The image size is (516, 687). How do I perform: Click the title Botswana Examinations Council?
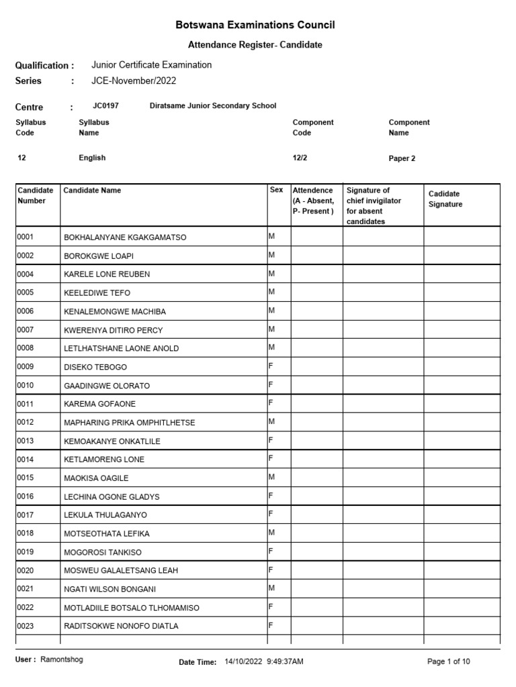(x=255, y=25)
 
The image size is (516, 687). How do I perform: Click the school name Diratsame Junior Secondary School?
(x=212, y=106)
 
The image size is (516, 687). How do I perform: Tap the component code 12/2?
(x=301, y=158)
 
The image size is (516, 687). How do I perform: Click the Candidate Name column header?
(x=92, y=191)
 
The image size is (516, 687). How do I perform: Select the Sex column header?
(x=276, y=191)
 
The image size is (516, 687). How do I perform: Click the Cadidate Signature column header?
(x=445, y=199)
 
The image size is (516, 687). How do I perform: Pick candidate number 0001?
(x=26, y=237)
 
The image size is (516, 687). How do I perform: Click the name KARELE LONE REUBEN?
(x=107, y=274)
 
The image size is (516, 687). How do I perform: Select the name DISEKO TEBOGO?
(x=95, y=367)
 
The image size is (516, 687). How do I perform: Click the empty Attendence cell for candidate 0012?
(x=316, y=422)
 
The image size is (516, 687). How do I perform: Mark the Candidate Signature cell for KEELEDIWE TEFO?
(x=462, y=293)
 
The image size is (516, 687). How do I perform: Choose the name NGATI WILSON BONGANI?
(x=110, y=589)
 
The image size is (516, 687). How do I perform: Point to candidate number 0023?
(x=26, y=625)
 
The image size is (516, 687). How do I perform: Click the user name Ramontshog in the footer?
(x=62, y=659)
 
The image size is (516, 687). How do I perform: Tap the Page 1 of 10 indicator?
(x=449, y=662)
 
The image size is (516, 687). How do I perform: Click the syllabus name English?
(x=92, y=158)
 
